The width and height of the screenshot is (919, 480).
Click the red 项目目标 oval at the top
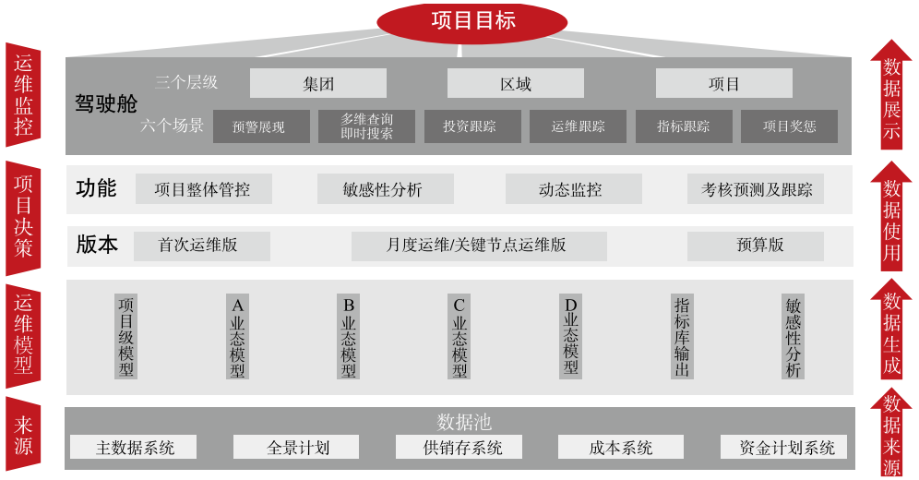(x=472, y=21)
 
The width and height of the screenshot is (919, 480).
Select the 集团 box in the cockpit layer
(x=318, y=84)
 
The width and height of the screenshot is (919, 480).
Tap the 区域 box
(x=515, y=84)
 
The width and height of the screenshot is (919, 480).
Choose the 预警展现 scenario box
(x=261, y=126)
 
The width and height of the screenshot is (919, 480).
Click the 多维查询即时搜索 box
(x=366, y=126)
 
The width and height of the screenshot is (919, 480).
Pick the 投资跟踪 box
(x=472, y=126)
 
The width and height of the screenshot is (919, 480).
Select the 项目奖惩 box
(x=789, y=126)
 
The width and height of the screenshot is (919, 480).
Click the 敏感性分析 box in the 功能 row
(x=385, y=189)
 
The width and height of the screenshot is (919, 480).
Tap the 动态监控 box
(x=573, y=189)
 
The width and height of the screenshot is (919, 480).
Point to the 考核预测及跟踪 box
(x=756, y=189)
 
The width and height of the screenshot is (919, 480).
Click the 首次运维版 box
(x=201, y=246)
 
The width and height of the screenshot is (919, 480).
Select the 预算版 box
(x=755, y=246)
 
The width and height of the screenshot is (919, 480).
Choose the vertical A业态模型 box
(x=238, y=337)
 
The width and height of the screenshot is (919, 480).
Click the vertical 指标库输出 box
(x=682, y=337)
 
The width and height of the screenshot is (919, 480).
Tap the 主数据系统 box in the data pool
(x=135, y=448)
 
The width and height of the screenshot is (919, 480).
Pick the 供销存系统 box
(x=459, y=448)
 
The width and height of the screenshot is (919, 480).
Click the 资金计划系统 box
(x=786, y=448)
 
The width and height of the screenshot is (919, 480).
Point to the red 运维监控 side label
(x=23, y=94)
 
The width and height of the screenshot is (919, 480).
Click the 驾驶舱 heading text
(x=106, y=103)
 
